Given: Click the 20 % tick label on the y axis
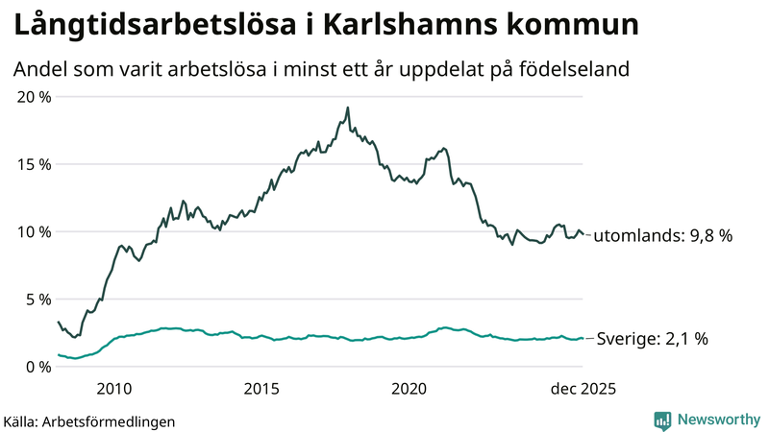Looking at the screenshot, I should click(x=34, y=96).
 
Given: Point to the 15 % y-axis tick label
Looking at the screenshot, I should click(x=34, y=164).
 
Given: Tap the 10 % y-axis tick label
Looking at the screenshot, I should click(x=34, y=231).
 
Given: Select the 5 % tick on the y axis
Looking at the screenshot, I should click(x=37, y=299).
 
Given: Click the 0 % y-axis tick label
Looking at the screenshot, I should click(x=37, y=367).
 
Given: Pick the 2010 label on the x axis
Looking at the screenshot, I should click(x=114, y=388).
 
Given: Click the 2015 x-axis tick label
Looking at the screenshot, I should click(x=261, y=388).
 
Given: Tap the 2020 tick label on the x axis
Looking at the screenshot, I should click(x=409, y=388).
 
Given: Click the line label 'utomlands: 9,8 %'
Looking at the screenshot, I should click(x=664, y=235).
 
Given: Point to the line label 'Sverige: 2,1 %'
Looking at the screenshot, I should click(x=653, y=338).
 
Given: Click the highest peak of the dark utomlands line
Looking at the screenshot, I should click(x=347, y=108).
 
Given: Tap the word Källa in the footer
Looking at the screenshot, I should click(x=20, y=421).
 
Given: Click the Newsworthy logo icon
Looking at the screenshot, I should click(x=662, y=420).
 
